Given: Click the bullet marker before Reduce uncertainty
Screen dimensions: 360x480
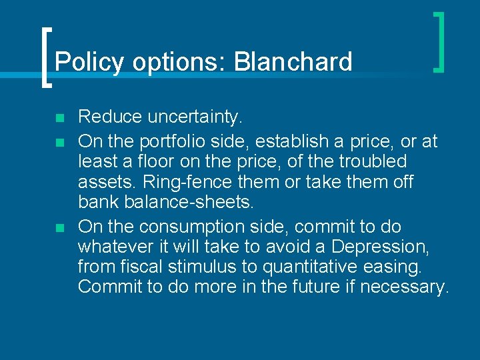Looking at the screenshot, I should pos(59,119).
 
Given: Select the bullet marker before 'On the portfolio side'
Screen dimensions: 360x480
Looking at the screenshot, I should pos(59,141).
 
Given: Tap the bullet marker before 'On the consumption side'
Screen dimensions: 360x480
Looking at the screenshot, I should pos(59,228).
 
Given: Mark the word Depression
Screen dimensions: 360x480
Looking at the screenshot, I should pos(379,247).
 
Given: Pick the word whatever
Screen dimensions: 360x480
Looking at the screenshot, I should pos(117,246).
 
